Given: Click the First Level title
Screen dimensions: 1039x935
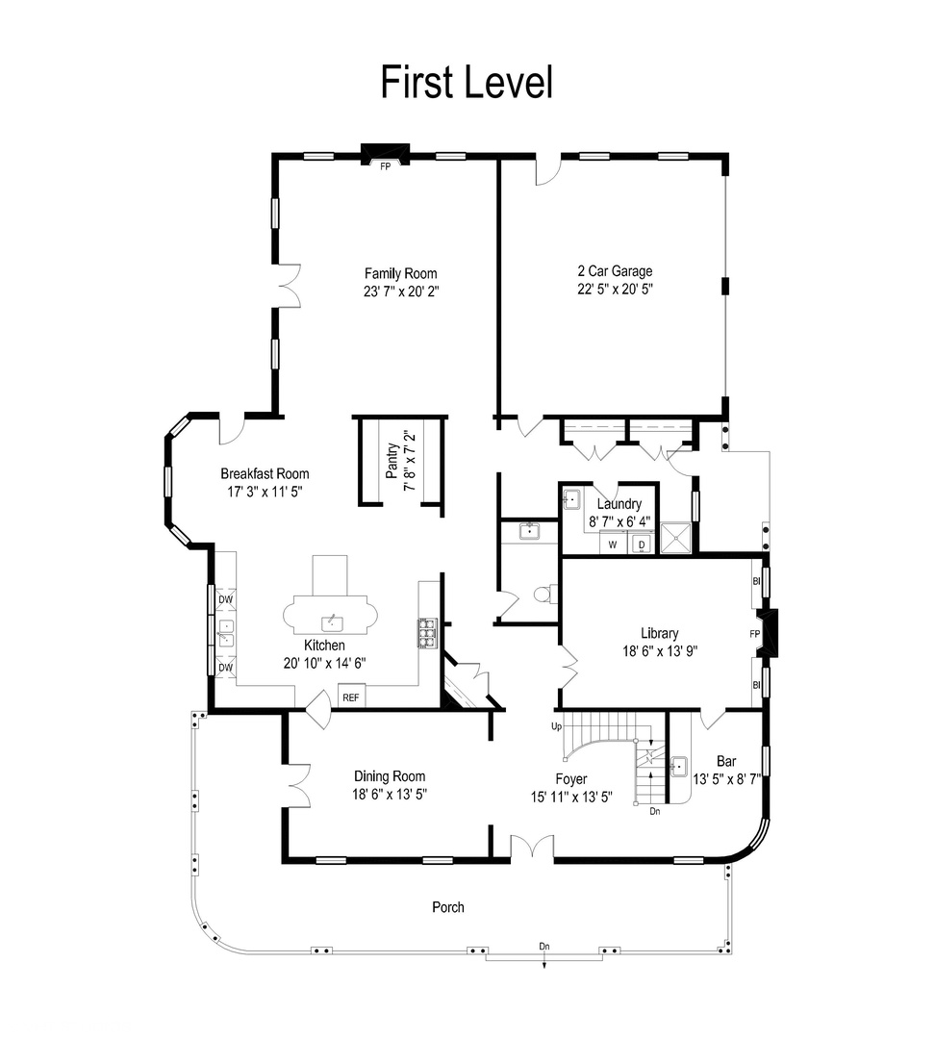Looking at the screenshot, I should (x=467, y=82).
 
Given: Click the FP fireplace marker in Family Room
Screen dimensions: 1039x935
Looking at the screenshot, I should (x=385, y=166).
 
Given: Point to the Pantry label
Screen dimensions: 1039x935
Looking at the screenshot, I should (x=392, y=460).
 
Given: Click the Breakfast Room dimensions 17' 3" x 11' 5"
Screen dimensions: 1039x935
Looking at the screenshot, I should (x=265, y=491).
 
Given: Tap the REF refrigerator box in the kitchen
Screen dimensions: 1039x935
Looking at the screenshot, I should (x=350, y=697).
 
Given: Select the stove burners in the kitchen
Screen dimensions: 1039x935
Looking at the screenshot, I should (x=426, y=632).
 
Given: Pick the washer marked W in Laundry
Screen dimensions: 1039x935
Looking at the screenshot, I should (x=612, y=545).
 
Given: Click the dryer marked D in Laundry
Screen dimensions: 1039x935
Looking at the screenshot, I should (x=641, y=545).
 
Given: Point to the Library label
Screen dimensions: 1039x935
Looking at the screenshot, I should (x=660, y=633).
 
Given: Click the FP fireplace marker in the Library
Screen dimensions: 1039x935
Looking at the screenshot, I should (x=755, y=634).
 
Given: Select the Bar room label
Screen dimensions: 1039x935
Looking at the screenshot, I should (x=713, y=760).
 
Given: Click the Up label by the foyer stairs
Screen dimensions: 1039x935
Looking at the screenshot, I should (x=557, y=726).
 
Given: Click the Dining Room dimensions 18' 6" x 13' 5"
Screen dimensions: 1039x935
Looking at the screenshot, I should (x=390, y=795).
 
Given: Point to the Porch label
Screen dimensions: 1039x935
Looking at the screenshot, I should (x=447, y=906).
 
